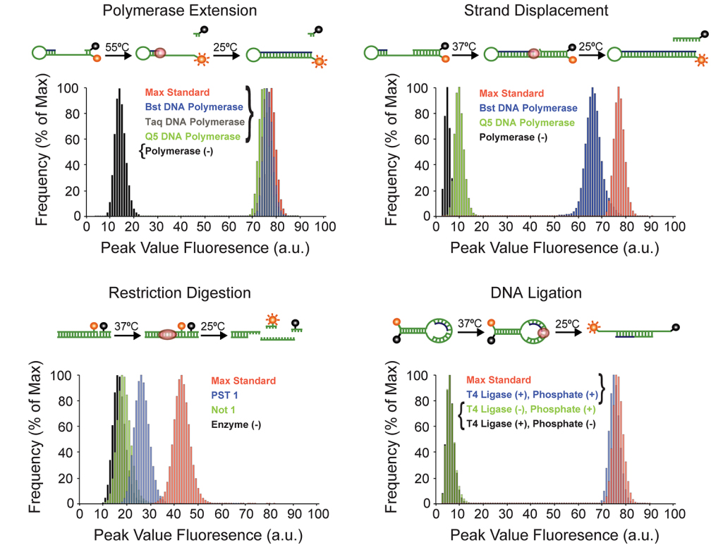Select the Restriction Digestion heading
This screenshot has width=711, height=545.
pyautogui.click(x=179, y=293)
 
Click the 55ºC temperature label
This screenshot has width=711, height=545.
pyautogui.click(x=117, y=47)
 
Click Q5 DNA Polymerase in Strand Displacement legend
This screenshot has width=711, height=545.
pyautogui.click(x=527, y=122)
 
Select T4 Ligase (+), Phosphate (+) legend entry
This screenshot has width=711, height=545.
pyautogui.click(x=531, y=395)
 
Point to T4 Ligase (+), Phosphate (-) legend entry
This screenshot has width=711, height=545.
pyautogui.click(x=531, y=424)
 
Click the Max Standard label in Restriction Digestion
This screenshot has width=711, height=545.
pyautogui.click(x=243, y=381)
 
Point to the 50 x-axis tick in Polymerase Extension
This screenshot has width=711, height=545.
pyautogui.click(x=206, y=227)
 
